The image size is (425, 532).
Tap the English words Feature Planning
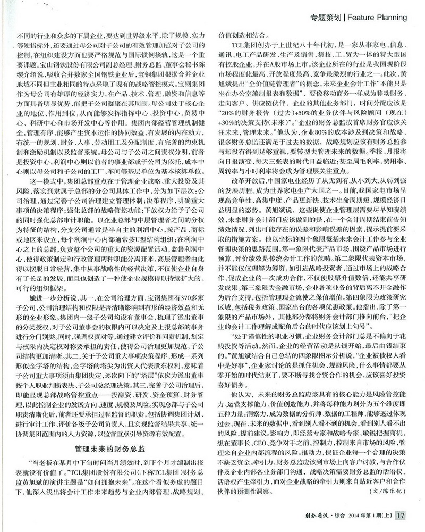377,17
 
